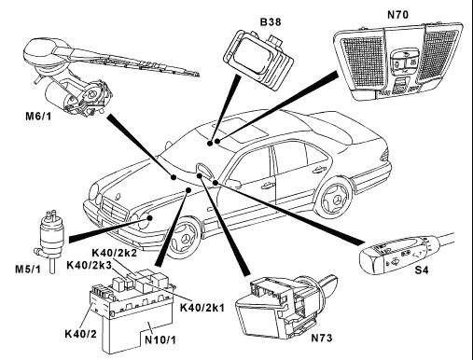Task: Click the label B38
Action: pos(271,22)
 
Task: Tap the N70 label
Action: pos(397,15)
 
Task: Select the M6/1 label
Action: pos(38,117)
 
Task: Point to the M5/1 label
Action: pos(28,269)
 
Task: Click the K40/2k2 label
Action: pos(115,253)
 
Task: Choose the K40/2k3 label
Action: pos(90,265)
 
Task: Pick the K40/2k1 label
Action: pos(202,308)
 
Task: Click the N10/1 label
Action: pos(160,339)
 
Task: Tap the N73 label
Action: pos(322,338)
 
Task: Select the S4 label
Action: pos(422,270)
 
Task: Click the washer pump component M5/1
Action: pos(50,239)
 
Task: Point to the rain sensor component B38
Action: pos(258,60)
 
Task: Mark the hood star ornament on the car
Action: pos(118,197)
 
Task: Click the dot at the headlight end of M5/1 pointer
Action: pos(149,218)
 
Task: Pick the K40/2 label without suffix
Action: pos(80,334)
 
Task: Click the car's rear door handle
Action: pos(317,169)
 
